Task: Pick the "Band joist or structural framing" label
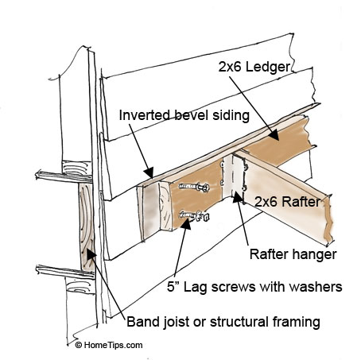coord(224,322)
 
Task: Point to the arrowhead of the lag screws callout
coord(186,225)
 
